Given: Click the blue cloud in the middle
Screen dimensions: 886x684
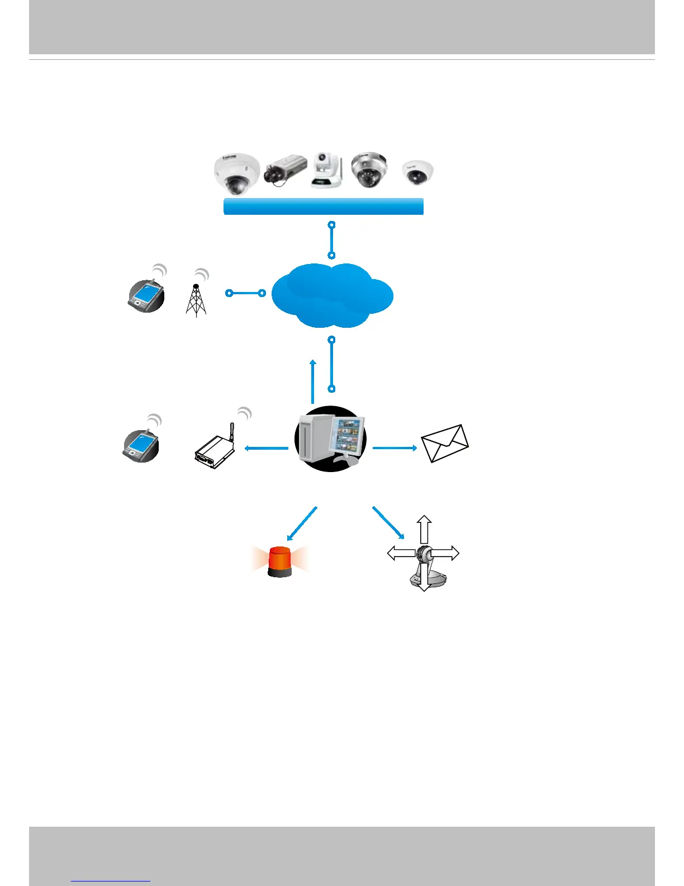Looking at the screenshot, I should [x=332, y=295].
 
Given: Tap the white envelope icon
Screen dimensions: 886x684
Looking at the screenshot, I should [x=445, y=444].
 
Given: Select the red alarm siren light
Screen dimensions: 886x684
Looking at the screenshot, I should [x=280, y=561].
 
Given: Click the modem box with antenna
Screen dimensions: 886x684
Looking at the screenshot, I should [x=214, y=445].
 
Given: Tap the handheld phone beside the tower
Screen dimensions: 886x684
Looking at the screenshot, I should [x=146, y=295].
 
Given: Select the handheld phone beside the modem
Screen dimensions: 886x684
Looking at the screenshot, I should [x=141, y=445].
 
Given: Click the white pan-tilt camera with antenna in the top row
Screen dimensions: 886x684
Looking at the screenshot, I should [x=326, y=169].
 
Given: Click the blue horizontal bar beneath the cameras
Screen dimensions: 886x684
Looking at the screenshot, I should [x=323, y=206].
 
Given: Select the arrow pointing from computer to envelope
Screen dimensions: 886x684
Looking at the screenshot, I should [x=395, y=447].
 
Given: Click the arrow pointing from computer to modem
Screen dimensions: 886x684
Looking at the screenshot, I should [x=267, y=447].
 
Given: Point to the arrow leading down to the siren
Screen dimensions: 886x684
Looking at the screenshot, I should [x=302, y=524].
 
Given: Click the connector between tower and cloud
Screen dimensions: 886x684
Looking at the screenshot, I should [x=245, y=293].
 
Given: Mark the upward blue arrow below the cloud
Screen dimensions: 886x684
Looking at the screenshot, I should [x=313, y=381].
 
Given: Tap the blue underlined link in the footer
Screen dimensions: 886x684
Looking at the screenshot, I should [x=111, y=881].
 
